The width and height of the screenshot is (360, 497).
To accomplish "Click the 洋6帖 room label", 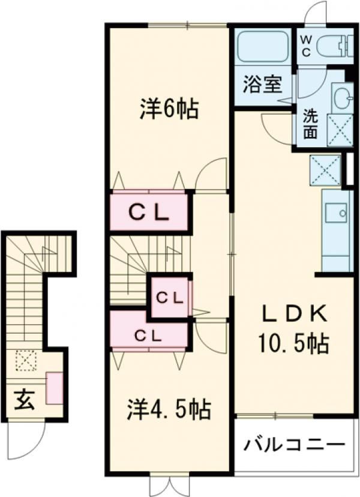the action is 169,109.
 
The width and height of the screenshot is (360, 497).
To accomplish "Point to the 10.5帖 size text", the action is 293,343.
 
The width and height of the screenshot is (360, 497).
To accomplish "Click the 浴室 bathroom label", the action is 262,85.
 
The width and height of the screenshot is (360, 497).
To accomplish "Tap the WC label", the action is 306,46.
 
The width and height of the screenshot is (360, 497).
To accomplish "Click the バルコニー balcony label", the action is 294,445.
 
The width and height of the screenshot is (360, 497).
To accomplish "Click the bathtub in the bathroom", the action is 263,47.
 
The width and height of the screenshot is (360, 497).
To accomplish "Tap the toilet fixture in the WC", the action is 335,46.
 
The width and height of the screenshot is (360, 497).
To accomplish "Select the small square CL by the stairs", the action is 170,297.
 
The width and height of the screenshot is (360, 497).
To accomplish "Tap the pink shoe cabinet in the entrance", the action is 55,388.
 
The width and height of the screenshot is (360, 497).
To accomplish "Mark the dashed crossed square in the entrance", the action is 26,360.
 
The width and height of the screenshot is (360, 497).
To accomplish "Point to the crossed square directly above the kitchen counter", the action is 325,170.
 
